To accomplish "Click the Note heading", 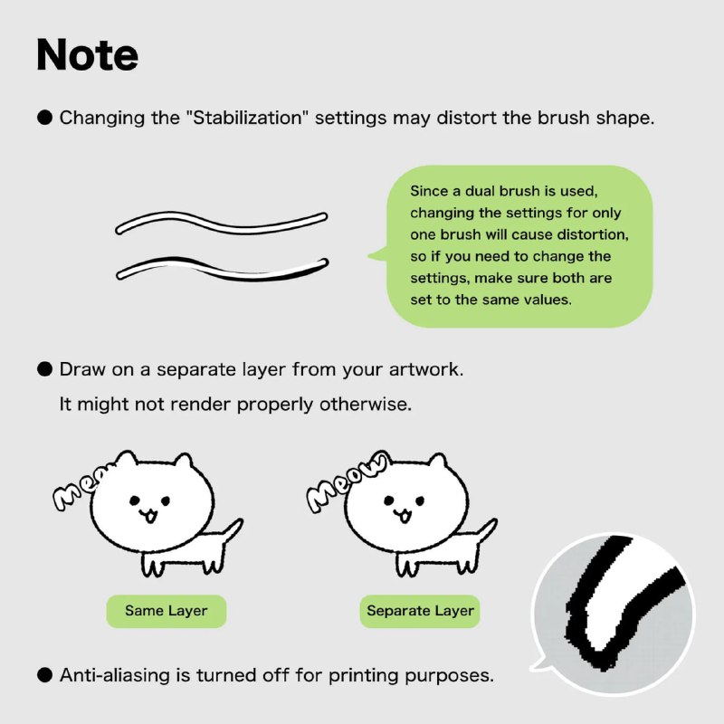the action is (87, 55).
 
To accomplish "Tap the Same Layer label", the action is (167, 611).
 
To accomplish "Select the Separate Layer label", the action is (420, 611).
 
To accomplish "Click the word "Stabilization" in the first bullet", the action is (247, 118).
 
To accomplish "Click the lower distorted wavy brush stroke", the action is (223, 269).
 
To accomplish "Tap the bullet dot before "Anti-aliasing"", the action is (44, 675).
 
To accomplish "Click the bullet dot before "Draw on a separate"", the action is (44, 369).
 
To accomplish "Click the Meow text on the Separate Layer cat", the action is (347, 482).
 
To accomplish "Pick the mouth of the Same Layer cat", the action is (148, 514).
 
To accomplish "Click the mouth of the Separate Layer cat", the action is (403, 514).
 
